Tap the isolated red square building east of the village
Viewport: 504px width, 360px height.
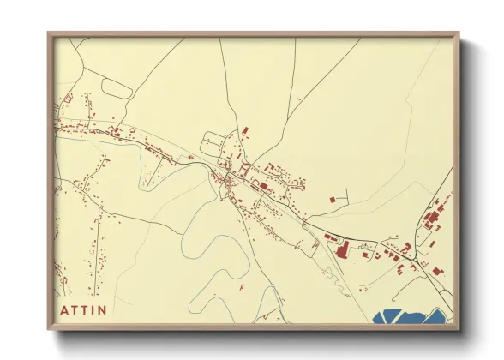[x=332, y=199]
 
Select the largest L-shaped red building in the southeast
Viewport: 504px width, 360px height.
[x=341, y=249]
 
